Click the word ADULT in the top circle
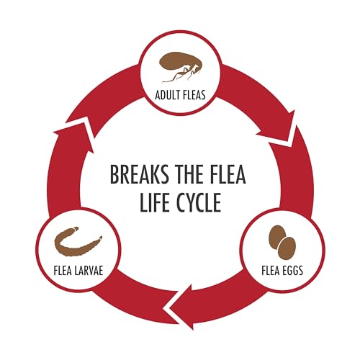(167, 95)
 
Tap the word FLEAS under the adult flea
(194, 95)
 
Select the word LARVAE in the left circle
(89, 270)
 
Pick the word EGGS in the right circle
(292, 270)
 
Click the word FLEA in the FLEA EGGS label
(270, 270)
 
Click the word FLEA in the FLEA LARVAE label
(63, 270)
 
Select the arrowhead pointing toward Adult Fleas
(74, 135)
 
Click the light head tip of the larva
(75, 228)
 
